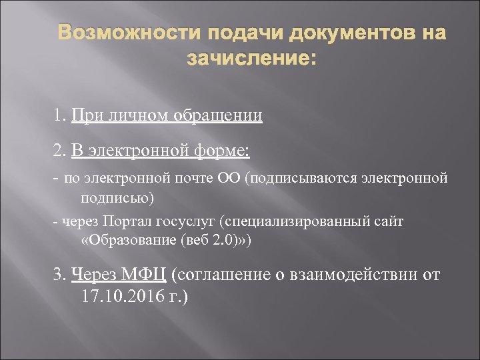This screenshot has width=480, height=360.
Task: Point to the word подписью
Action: coord(117,198)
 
